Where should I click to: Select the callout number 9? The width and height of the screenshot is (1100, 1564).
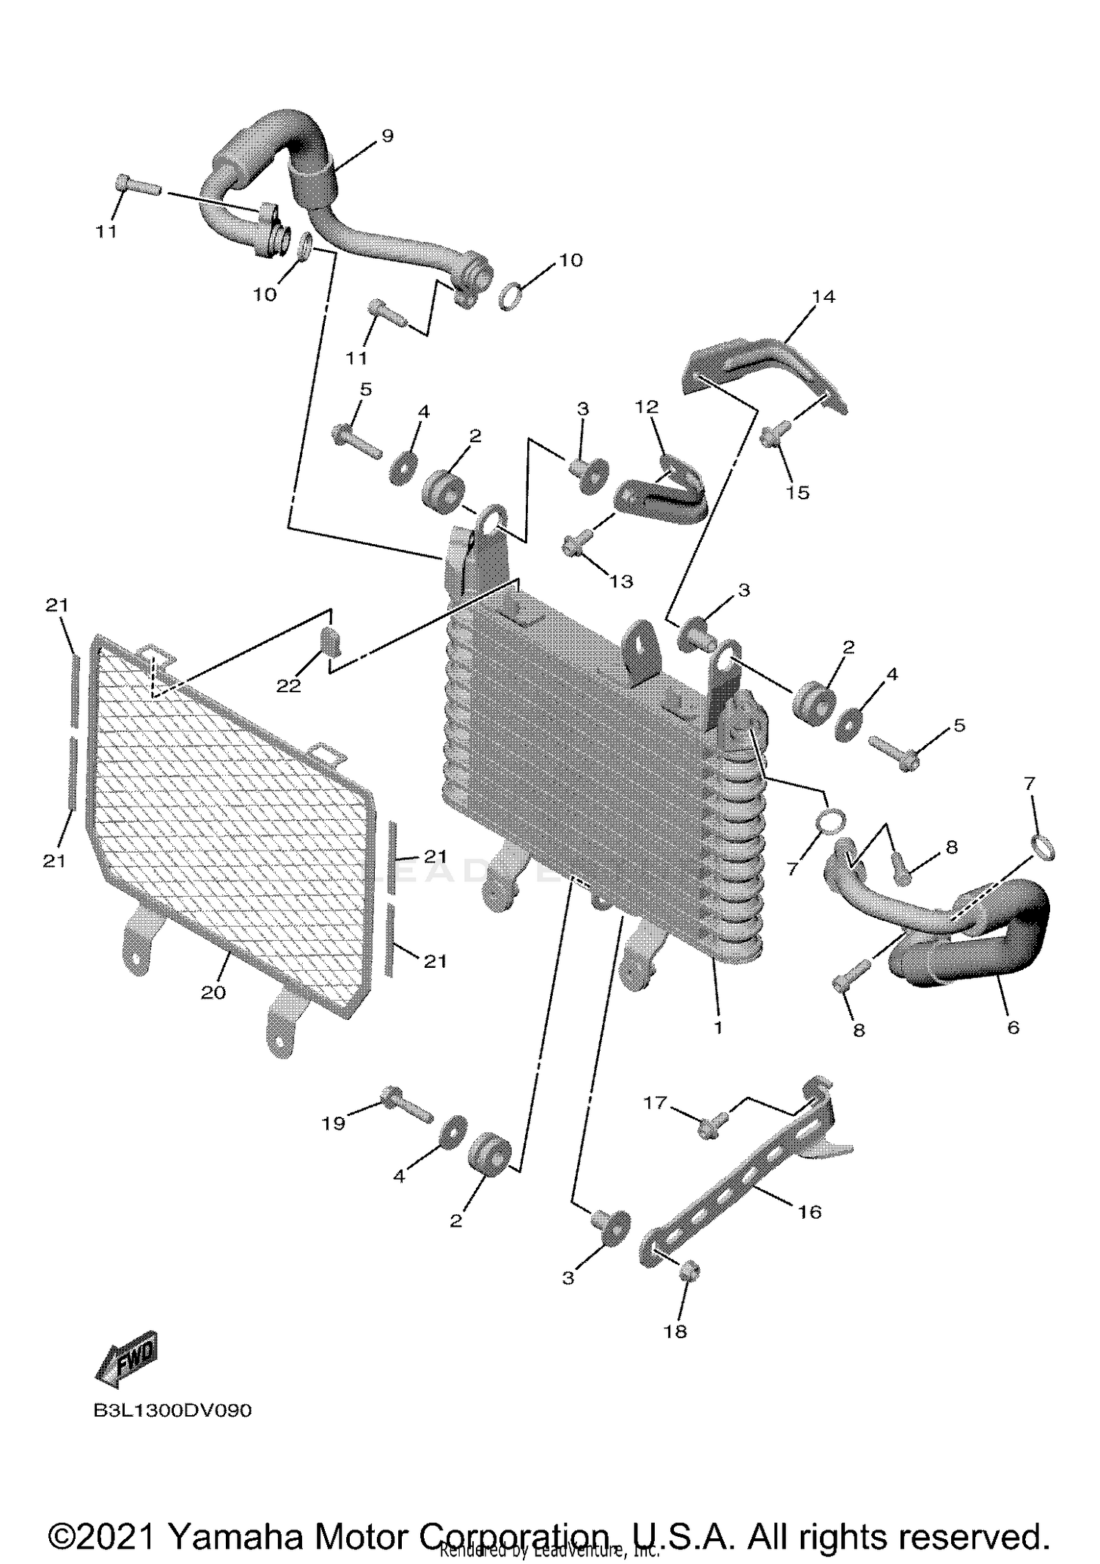[x=387, y=135]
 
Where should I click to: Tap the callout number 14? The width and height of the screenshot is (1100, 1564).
[x=824, y=296]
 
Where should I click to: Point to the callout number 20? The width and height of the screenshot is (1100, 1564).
[x=213, y=993]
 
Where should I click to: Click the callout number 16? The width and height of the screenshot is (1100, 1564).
[x=810, y=1212]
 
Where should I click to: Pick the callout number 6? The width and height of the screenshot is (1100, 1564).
[x=1013, y=1028]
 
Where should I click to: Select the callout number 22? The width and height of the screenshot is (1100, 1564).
[x=288, y=686]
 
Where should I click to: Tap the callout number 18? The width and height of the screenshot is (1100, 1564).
[x=675, y=1331]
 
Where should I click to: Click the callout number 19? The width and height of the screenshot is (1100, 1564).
[x=334, y=1123]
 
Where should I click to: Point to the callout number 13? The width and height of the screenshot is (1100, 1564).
[x=621, y=581]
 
